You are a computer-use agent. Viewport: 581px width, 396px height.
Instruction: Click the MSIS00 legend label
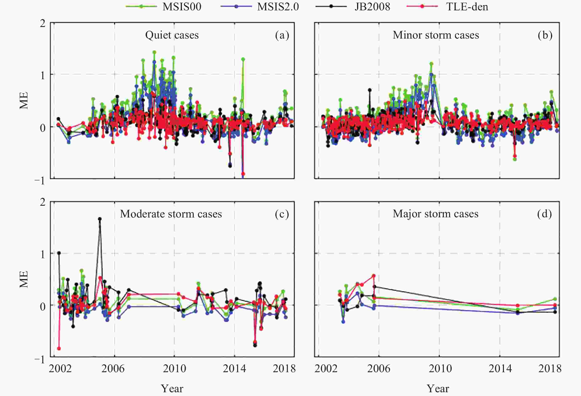coord(182,7)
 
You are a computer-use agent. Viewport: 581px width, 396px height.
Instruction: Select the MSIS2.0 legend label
coord(278,7)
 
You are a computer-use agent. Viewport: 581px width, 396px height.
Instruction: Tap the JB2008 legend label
coord(372,7)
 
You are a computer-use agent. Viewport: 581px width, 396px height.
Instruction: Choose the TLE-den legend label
coord(467,7)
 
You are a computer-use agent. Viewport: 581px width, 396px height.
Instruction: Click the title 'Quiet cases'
coord(172,35)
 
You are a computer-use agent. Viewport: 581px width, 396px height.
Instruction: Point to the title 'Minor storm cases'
coord(436,35)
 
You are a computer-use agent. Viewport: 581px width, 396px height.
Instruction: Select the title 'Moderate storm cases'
coord(171,214)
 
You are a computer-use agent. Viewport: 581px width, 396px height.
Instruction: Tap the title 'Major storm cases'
coord(435,214)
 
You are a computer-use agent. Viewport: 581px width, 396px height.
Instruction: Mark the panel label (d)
coord(544,214)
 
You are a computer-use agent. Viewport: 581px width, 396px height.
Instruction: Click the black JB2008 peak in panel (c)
coord(100,219)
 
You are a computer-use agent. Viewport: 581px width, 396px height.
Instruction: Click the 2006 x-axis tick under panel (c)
coord(113,369)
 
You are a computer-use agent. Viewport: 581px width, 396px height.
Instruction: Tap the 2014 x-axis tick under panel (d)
coord(500,369)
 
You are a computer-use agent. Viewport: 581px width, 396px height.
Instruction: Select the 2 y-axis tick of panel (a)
coord(43,24)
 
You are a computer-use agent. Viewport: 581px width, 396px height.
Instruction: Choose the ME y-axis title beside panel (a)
coord(24,101)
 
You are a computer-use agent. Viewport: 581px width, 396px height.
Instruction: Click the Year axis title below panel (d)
coord(438,388)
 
